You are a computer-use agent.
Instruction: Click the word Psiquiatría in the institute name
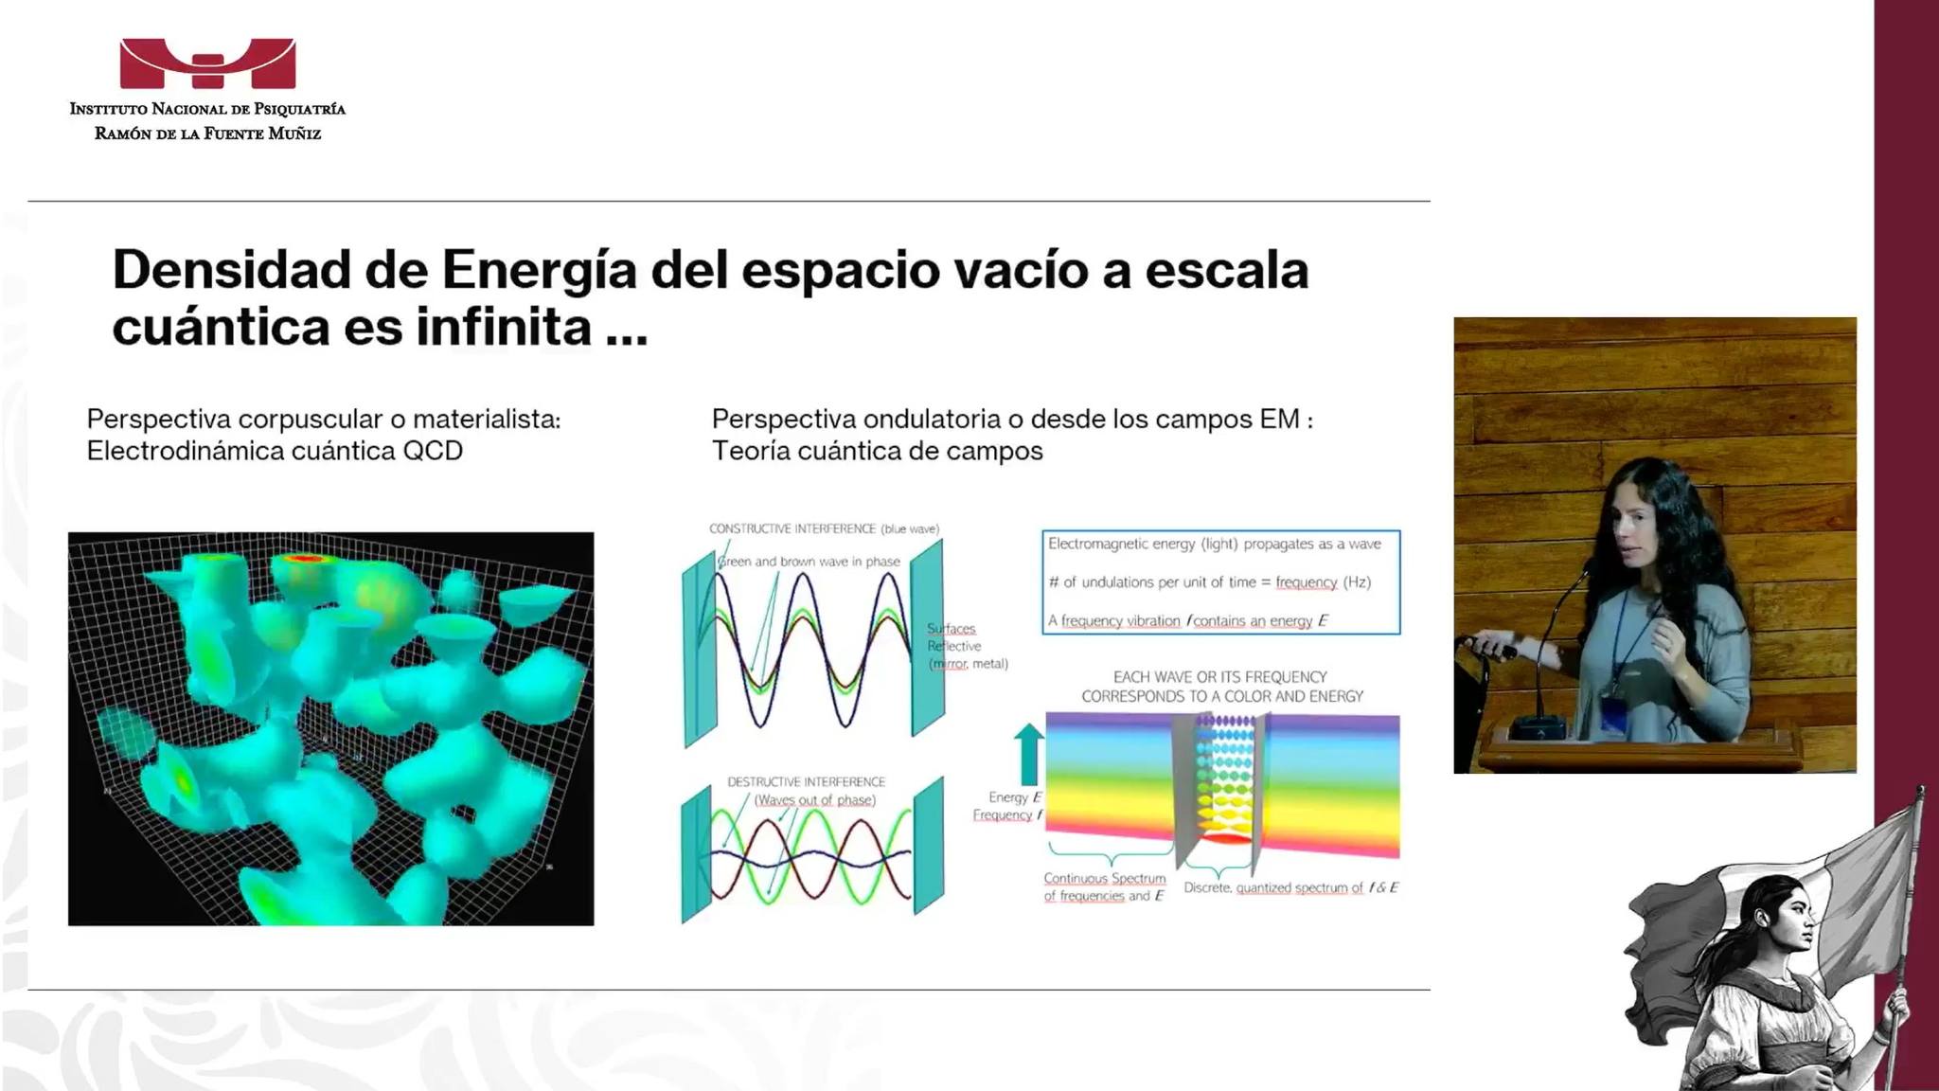click(x=300, y=109)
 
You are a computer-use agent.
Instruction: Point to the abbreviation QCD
click(x=433, y=451)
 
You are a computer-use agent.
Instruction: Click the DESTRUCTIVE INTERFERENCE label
click(x=806, y=781)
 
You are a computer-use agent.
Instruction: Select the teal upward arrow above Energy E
click(x=1028, y=754)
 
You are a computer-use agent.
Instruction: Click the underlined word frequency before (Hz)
click(x=1306, y=582)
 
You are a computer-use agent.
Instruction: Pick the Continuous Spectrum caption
click(x=1104, y=887)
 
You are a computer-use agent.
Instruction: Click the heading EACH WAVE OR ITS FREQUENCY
click(x=1220, y=677)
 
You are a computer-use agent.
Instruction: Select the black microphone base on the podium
click(x=1537, y=727)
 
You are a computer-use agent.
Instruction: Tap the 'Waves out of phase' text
click(x=814, y=800)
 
